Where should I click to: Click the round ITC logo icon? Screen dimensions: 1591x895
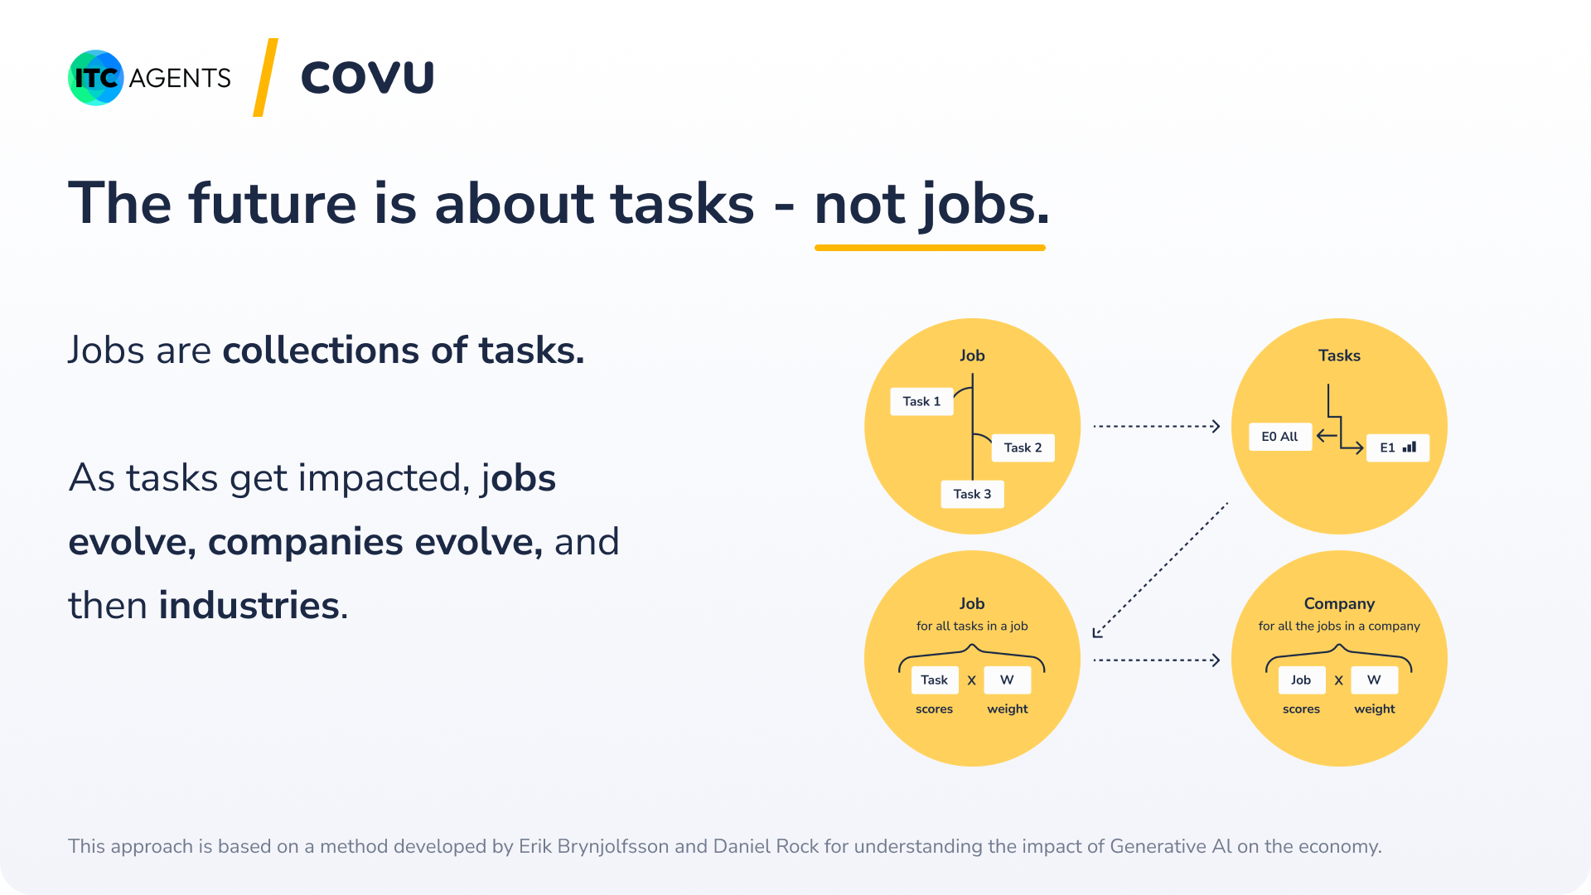click(x=96, y=78)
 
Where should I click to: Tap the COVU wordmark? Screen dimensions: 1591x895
click(x=367, y=78)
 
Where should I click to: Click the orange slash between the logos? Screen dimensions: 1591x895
click(x=265, y=77)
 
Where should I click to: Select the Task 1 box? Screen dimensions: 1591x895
click(x=921, y=401)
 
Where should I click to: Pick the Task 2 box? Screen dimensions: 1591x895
click(x=1023, y=447)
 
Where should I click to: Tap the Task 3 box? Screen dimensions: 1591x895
click(x=972, y=494)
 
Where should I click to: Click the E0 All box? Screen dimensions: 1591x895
click(x=1280, y=437)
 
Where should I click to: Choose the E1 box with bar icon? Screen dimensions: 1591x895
click(x=1398, y=447)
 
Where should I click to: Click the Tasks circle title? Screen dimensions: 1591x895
click(x=1339, y=356)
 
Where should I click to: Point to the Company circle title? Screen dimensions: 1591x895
click(x=1339, y=604)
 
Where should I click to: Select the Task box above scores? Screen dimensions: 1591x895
click(x=935, y=680)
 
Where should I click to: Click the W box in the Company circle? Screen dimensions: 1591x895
click(x=1374, y=680)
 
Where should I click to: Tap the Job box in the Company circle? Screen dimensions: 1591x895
click(x=1301, y=680)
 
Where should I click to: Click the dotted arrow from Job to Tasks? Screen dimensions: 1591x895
click(x=1157, y=426)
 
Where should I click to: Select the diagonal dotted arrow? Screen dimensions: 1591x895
click(x=1160, y=570)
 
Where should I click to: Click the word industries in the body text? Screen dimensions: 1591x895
click(x=249, y=606)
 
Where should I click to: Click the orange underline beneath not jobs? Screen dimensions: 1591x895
click(x=930, y=247)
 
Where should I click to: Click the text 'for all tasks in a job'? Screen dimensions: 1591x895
click(x=972, y=626)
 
